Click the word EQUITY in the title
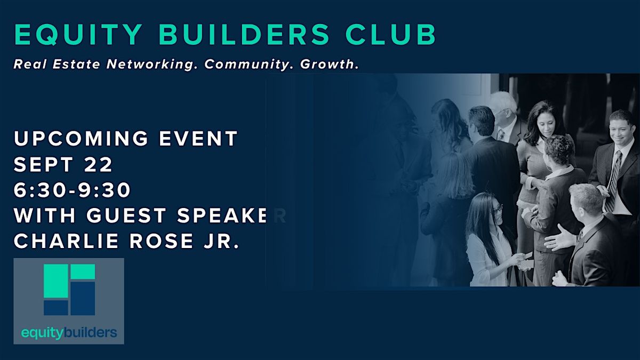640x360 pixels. (78, 35)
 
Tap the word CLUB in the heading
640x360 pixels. (390, 35)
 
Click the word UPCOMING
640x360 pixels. (81, 139)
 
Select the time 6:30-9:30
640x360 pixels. (72, 190)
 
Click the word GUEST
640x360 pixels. (126, 215)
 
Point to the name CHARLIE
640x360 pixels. (66, 241)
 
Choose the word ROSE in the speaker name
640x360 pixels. (162, 241)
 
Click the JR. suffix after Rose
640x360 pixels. (221, 241)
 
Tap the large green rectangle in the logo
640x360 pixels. (55, 281)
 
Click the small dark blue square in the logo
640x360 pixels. (55, 308)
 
